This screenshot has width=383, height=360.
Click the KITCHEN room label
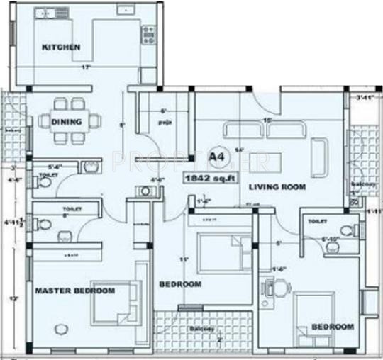click(x=61, y=47)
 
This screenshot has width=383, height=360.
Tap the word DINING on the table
click(x=67, y=122)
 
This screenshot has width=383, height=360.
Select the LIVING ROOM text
click(x=277, y=186)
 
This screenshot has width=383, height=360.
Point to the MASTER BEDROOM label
click(x=75, y=291)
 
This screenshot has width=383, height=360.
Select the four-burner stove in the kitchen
click(x=148, y=34)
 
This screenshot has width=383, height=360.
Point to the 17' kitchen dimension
click(x=85, y=68)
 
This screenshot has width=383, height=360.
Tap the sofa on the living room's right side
click(x=319, y=150)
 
